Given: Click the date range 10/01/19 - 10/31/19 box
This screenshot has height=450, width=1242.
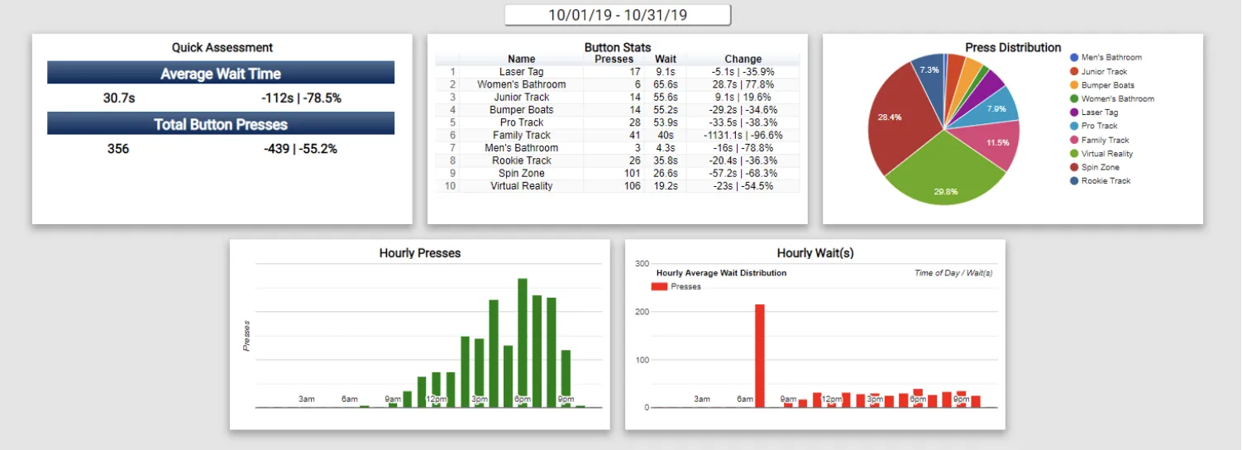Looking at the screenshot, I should coord(618,15).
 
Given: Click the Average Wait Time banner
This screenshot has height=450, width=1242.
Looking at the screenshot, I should coord(221,74).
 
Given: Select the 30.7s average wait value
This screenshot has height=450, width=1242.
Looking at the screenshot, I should coord(119,98).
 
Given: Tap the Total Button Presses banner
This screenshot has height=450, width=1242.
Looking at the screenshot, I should coord(221,125).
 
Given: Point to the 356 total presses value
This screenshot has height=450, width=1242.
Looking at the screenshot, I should coord(118,150).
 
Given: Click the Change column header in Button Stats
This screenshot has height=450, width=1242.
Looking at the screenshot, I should coord(743,59).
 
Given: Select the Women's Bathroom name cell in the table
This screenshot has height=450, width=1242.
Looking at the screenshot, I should coord(521,84).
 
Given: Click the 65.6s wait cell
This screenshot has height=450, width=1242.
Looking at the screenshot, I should coord(666,84).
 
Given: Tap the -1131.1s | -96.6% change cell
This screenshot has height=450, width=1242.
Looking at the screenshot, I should coord(743,135).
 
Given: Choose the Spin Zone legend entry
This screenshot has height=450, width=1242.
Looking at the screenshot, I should coord(1100,167).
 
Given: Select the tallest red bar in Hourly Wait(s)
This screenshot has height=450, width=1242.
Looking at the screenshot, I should coord(760,356).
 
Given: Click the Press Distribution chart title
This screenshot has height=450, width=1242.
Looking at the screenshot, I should coord(1013,48).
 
